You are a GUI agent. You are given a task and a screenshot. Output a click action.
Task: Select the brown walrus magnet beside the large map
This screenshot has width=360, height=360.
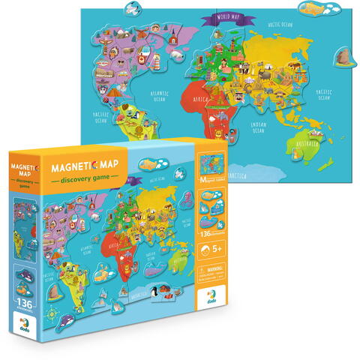(x=344, y=55)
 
